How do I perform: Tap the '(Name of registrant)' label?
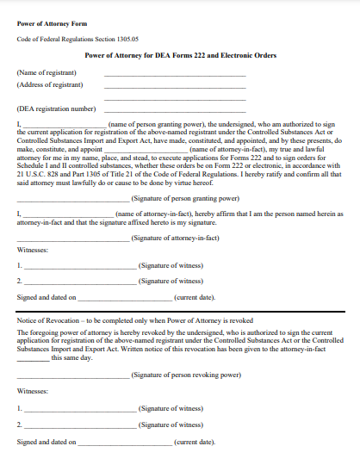tap(46, 73)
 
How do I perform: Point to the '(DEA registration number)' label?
tap(56, 109)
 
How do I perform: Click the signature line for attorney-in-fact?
tap(73, 239)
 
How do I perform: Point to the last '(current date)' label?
tap(195, 442)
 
